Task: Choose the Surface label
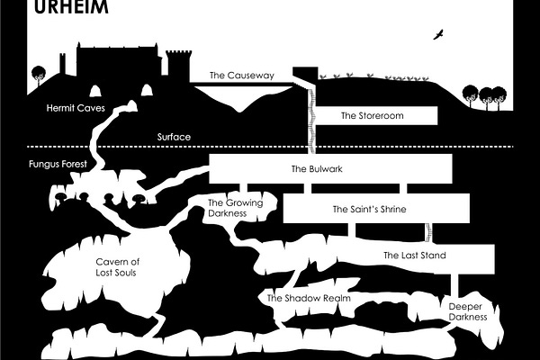pyautogui.click(x=174, y=137)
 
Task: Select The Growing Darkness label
pyautogui.click(x=235, y=209)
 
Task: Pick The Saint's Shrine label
pyautogui.click(x=370, y=209)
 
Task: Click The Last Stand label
pyautogui.click(x=414, y=256)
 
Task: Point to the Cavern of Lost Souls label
pyautogui.click(x=118, y=266)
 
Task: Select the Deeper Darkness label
pyautogui.click(x=467, y=311)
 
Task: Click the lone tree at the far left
pyautogui.click(x=38, y=76)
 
